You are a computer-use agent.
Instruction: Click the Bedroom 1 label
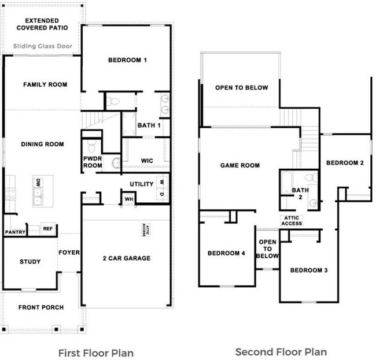128,60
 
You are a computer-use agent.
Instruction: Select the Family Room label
45,85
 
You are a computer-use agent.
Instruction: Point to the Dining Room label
42,144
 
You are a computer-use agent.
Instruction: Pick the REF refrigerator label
48,229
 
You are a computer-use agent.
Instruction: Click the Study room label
30,262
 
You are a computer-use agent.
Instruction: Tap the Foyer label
69,253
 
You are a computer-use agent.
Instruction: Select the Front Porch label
41,307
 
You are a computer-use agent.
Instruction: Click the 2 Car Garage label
126,258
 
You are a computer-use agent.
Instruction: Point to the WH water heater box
128,199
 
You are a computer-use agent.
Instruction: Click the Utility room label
142,184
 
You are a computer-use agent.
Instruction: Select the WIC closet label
146,161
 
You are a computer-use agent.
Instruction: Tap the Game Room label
240,166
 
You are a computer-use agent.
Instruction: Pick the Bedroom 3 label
309,270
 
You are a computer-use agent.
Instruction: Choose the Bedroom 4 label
227,253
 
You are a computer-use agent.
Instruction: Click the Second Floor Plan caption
281,351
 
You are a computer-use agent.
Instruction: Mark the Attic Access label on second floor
291,220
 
